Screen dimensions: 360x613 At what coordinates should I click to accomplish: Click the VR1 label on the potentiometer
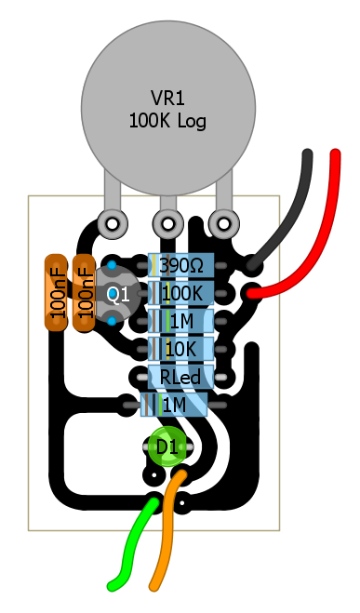pyautogui.click(x=167, y=98)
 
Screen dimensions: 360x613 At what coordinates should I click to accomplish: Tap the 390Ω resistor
pyautogui.click(x=181, y=266)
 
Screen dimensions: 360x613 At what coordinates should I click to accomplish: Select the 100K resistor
pyautogui.click(x=181, y=294)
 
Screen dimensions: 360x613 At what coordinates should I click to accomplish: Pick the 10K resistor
pyautogui.click(x=181, y=349)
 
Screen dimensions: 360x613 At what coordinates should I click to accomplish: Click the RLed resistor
pyautogui.click(x=181, y=377)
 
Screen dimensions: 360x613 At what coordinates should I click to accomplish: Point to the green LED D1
pyautogui.click(x=167, y=446)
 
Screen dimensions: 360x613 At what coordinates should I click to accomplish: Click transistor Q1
pyautogui.click(x=116, y=294)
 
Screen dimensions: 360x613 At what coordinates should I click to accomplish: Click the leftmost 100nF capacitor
pyautogui.click(x=56, y=293)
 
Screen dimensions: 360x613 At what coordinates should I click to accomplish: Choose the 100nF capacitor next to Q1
pyautogui.click(x=84, y=293)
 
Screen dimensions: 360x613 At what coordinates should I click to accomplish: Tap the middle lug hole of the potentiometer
pyautogui.click(x=168, y=224)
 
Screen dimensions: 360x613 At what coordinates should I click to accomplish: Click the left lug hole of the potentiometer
pyautogui.click(x=113, y=224)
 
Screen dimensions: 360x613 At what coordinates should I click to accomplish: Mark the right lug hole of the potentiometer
pyautogui.click(x=223, y=224)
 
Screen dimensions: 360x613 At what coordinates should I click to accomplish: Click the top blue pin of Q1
pyautogui.click(x=112, y=265)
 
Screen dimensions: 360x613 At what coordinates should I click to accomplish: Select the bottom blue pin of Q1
pyautogui.click(x=112, y=321)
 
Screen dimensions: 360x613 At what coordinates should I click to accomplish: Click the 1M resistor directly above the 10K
pyautogui.click(x=181, y=321)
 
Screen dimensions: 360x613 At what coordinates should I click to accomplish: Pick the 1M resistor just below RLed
pyautogui.click(x=174, y=405)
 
